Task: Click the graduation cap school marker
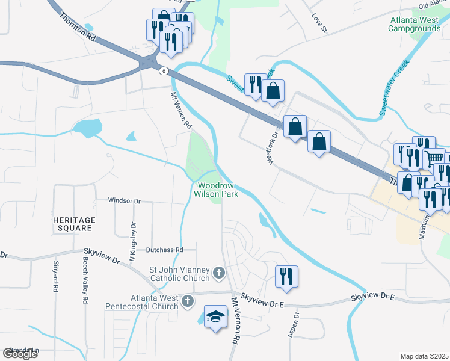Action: tap(215, 317)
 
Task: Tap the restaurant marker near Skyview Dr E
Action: tap(286, 277)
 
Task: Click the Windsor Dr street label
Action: tap(124, 200)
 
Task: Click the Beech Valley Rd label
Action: tap(85, 283)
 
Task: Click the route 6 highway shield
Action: tap(163, 71)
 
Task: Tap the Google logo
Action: tap(20, 354)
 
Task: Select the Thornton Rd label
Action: tap(78, 27)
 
